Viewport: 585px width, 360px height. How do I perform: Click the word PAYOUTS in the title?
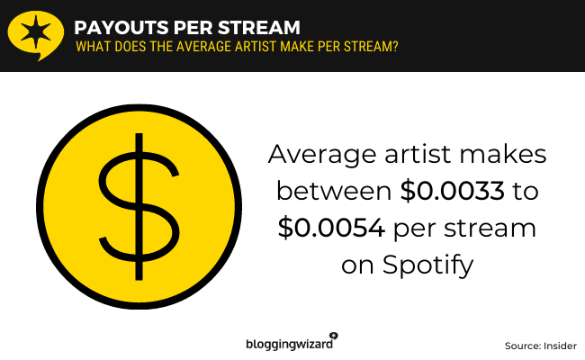tap(121, 28)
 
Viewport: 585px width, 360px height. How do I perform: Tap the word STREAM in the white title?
tap(259, 28)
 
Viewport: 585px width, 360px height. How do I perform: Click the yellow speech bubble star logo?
tap(35, 35)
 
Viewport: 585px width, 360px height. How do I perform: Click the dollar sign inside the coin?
tap(139, 206)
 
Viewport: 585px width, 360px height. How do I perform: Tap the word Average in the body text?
tap(322, 154)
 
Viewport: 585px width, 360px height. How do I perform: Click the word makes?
tap(502, 154)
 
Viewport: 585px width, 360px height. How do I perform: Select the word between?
tap(334, 191)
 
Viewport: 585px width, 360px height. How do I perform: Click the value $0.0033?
tap(452, 191)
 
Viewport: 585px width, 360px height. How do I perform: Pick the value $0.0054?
tap(331, 228)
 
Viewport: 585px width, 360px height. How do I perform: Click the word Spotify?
tap(427, 265)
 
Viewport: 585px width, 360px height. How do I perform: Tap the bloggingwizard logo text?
tap(289, 344)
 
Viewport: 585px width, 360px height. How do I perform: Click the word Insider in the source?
tap(560, 346)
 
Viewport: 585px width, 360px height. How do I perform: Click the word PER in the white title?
tap(193, 28)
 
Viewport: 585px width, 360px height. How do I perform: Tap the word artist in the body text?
tap(418, 154)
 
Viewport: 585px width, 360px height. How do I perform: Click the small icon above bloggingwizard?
tap(334, 336)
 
